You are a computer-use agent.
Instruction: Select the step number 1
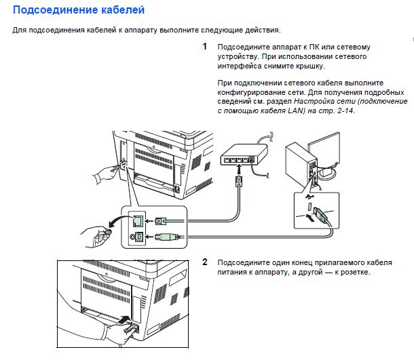tap(205, 47)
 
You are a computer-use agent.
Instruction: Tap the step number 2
tap(205, 262)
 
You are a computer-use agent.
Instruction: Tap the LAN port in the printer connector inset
tap(138, 220)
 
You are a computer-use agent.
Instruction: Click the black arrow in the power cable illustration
tap(126, 318)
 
